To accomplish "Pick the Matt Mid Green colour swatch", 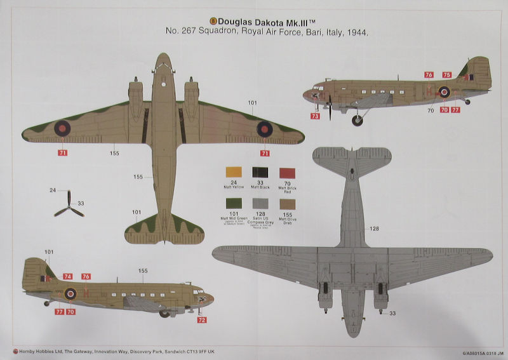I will [232, 204].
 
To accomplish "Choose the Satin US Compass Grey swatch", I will [260, 204].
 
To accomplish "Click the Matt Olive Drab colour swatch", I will [288, 204].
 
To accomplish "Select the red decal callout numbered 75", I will [447, 75].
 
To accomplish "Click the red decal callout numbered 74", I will [68, 276].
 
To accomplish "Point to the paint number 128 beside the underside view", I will [374, 228].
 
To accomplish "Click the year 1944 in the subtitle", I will [357, 32].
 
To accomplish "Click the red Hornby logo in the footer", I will [7, 350].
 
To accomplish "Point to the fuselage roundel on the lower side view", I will [70, 293].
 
